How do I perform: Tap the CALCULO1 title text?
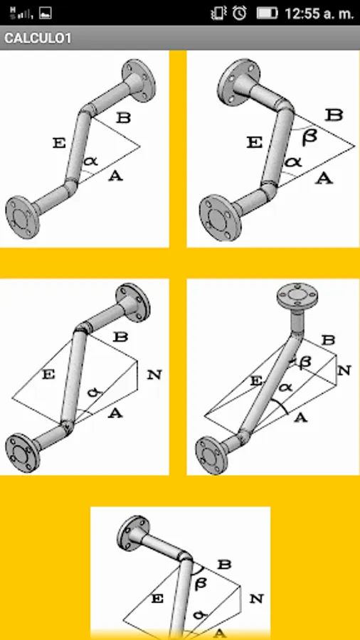38,38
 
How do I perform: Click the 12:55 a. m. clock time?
319,14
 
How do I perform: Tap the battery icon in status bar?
267,13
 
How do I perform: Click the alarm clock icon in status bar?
240,13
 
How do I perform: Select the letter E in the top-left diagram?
59,143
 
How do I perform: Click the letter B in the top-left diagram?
123,118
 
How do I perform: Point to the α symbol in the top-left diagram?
90,161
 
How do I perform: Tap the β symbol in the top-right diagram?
309,137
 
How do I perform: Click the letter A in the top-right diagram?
324,178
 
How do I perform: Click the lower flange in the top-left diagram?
23,217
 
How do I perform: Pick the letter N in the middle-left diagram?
154,375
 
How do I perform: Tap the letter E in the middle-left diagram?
48,375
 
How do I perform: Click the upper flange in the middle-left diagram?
133,303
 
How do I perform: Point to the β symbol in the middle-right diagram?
304,362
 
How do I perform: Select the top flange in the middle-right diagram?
297,296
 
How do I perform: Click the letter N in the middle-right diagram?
344,370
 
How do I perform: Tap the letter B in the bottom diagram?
224,565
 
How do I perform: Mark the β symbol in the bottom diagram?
201,584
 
